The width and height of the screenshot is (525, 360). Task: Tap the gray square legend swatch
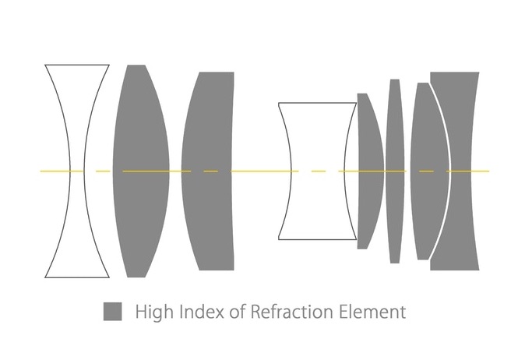[112, 312]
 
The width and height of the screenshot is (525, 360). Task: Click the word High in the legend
[154, 312]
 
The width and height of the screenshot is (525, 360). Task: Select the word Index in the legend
[202, 312]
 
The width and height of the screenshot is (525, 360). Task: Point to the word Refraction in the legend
[292, 312]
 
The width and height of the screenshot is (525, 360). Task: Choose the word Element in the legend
[372, 312]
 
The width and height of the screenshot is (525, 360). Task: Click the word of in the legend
[237, 312]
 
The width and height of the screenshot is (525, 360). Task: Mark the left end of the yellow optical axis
[41, 171]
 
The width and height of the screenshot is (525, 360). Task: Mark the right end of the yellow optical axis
[489, 171]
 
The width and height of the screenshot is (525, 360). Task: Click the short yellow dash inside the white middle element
[319, 171]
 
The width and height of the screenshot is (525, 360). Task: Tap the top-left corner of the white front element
[45, 65]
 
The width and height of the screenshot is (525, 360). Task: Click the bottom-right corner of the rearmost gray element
[479, 270]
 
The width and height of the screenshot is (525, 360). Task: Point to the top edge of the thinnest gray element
[395, 79]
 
